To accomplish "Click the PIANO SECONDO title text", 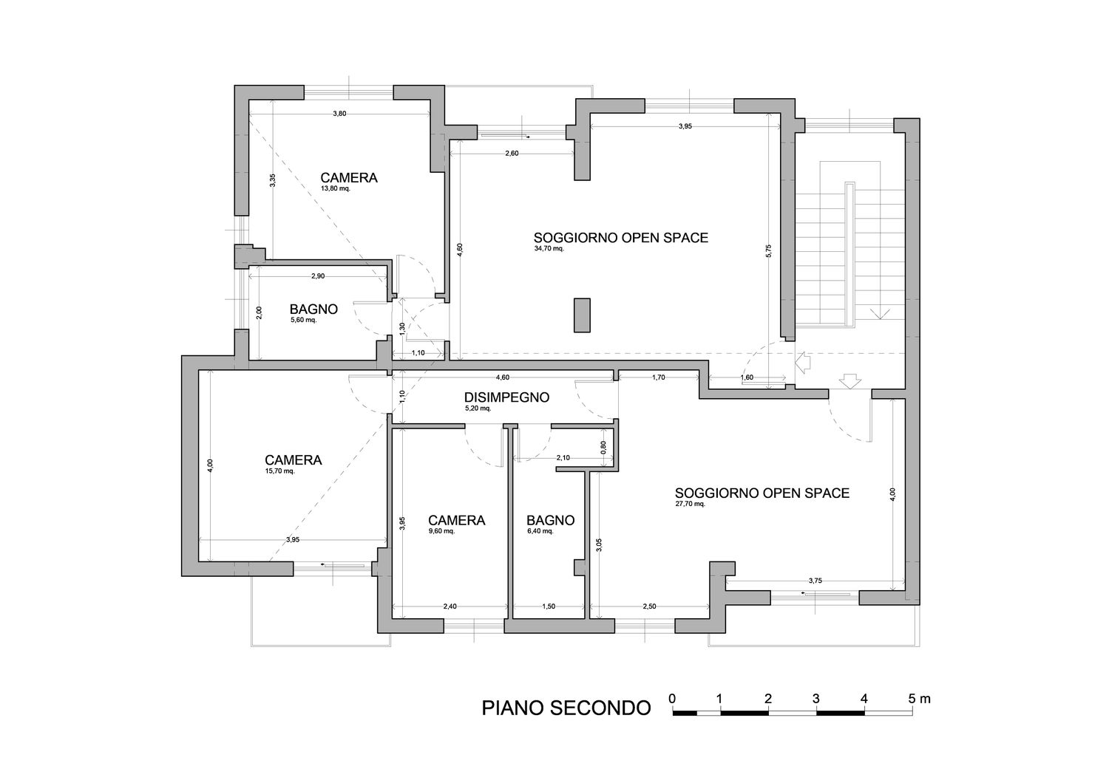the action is coord(566,708).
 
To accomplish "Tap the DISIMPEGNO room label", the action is coord(506,397).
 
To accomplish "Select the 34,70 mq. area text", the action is coord(549,249).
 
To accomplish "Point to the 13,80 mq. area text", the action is coord(336,188).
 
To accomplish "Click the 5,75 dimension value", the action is coord(768,251).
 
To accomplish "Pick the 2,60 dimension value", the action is coord(512,154).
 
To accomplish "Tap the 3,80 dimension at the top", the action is coord(339,113).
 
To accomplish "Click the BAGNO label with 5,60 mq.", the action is coord(313,310).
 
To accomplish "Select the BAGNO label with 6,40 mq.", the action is coord(550,520).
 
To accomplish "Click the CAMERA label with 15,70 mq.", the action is coord(293,460).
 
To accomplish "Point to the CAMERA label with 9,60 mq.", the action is coord(456,520).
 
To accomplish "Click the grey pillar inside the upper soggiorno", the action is coord(583,315).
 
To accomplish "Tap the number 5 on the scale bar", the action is coord(912,699).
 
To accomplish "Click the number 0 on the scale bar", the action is coord(672,699).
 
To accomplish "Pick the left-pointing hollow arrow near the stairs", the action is coord(801,363).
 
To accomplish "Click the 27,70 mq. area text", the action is coord(690,504).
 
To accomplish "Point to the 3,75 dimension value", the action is coord(815,581).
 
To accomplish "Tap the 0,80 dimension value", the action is coord(603,447).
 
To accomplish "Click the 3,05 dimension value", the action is coord(599,545).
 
